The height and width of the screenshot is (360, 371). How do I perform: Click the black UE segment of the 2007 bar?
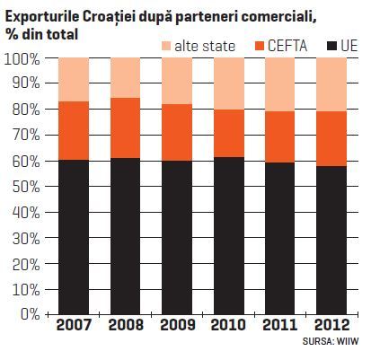(x=74, y=237)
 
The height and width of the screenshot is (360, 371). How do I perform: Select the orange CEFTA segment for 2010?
(x=229, y=134)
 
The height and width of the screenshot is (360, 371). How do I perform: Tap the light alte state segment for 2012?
(x=331, y=84)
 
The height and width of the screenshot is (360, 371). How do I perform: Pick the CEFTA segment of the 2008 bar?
(x=126, y=128)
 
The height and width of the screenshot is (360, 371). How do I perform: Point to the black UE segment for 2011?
(x=279, y=239)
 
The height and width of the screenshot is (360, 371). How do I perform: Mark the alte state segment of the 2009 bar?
(x=177, y=81)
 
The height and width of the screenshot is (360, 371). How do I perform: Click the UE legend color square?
(x=331, y=47)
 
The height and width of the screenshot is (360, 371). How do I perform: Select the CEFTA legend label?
(x=287, y=46)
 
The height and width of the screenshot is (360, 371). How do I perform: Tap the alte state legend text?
(x=205, y=46)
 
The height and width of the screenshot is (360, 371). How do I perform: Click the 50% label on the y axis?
(x=26, y=187)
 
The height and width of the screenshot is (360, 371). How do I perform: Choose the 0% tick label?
(x=31, y=314)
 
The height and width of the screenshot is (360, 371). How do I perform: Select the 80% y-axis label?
(x=26, y=110)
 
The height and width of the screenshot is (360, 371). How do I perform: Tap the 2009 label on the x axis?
(x=178, y=325)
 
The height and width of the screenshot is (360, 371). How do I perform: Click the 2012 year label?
(x=332, y=325)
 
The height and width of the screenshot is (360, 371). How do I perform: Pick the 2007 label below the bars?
(x=74, y=325)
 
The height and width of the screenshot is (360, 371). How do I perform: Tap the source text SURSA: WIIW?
(x=331, y=341)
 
